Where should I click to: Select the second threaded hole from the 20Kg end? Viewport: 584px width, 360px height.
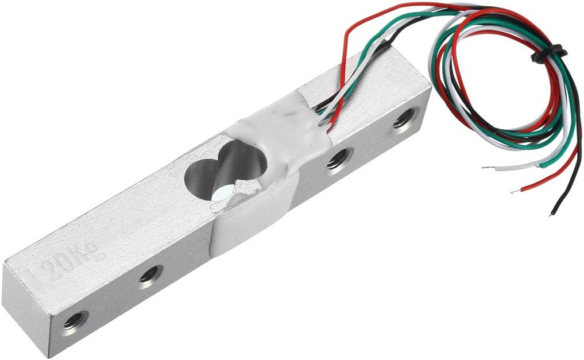point(150,274)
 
